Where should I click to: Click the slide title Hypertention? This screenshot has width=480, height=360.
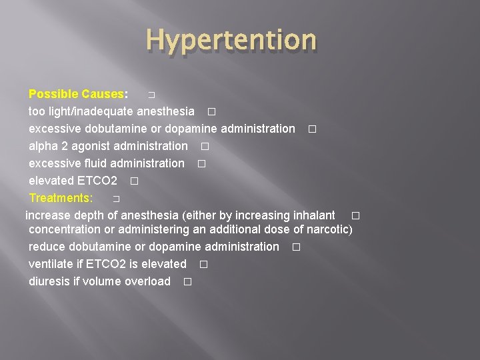click(x=231, y=40)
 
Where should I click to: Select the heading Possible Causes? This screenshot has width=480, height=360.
click(x=77, y=93)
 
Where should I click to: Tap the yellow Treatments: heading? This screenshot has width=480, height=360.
click(x=61, y=197)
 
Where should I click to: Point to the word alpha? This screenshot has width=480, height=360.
click(x=43, y=145)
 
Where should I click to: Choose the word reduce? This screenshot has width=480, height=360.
click(x=47, y=247)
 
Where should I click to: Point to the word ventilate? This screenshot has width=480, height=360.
click(x=51, y=264)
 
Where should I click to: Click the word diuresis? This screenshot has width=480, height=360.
click(x=49, y=281)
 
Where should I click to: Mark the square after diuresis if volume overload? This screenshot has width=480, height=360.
click(x=187, y=282)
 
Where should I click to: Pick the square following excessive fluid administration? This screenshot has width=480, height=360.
click(x=201, y=163)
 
